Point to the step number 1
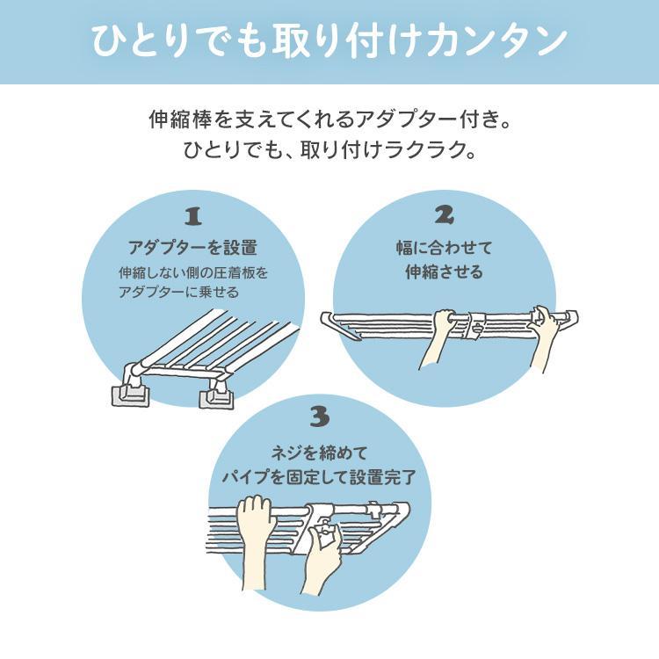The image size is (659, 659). [x=192, y=216]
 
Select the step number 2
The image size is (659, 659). [x=444, y=216]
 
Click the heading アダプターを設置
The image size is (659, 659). [x=192, y=246]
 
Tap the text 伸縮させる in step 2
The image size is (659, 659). [x=444, y=272]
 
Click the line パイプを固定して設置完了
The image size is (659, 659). [x=318, y=479]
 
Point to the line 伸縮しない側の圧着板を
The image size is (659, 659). [x=192, y=272]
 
